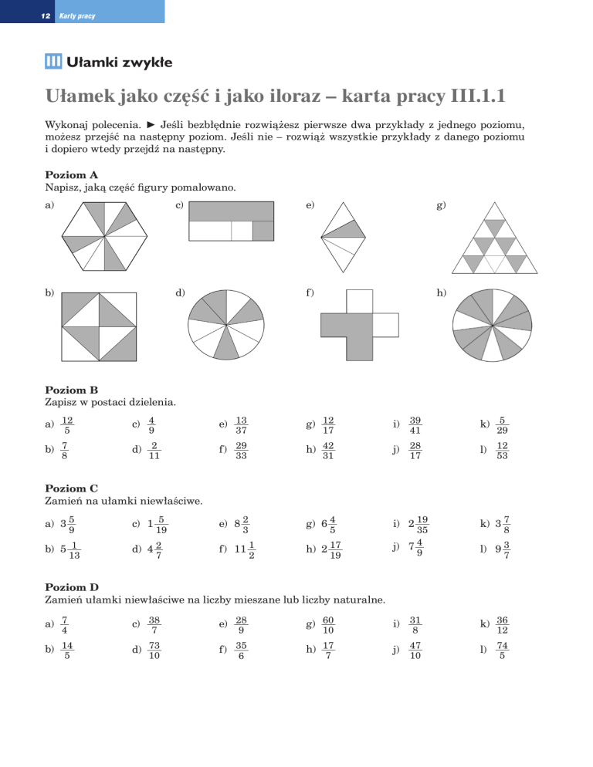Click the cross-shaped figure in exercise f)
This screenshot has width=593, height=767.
pyautogui.click(x=359, y=324)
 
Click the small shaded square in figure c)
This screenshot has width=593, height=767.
pyautogui.click(x=263, y=231)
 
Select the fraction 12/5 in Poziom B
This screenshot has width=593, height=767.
pyautogui.click(x=68, y=424)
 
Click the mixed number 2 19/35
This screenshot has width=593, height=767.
pyautogui.click(x=421, y=524)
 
